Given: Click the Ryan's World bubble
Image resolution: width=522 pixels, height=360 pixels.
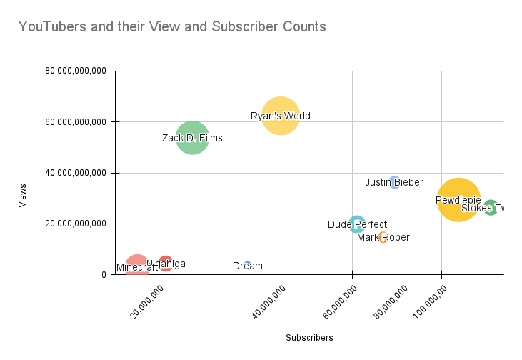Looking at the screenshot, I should [x=281, y=116].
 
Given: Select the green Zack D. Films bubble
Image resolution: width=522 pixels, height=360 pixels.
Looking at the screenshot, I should [x=192, y=138].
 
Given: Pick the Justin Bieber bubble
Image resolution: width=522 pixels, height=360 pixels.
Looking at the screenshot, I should [x=394, y=182].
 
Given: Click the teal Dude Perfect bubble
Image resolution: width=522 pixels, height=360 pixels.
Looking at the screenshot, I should [x=357, y=224].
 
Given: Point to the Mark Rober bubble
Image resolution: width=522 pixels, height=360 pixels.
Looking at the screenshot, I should [x=383, y=237].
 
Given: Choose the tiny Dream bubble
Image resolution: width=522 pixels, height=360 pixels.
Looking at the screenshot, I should [x=247, y=264].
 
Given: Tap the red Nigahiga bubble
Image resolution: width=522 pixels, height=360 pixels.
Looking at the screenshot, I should [x=166, y=264].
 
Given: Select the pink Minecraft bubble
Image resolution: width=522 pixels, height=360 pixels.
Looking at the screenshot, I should [x=137, y=266].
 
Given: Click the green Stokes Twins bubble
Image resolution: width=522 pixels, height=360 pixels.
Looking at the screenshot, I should [x=491, y=208].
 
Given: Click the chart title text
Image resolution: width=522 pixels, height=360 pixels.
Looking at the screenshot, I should [x=171, y=27].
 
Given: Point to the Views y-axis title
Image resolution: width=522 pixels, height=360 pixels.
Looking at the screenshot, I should [x=23, y=196].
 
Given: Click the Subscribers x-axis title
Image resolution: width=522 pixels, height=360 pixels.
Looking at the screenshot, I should [x=309, y=337].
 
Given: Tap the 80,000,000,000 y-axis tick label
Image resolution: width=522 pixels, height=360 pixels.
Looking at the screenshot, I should [x=76, y=71].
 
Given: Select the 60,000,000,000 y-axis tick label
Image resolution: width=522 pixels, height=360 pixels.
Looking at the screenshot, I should [x=76, y=122].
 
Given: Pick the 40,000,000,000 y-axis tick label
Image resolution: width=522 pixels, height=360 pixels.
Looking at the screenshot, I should [x=76, y=173].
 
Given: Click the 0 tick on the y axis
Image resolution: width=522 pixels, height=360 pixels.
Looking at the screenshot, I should [x=104, y=274].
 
